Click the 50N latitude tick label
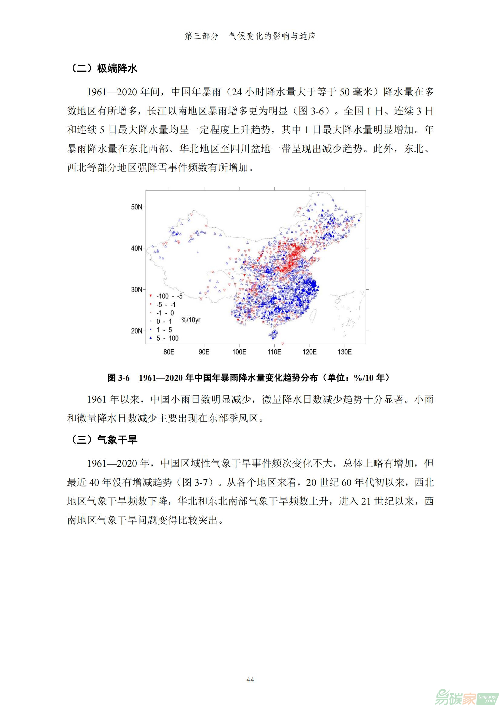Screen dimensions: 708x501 click(x=137, y=207)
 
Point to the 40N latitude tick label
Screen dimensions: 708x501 click(x=137, y=248)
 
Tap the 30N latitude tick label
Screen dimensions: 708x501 click(x=137, y=290)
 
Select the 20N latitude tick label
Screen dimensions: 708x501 click(x=137, y=331)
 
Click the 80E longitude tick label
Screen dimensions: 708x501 click(x=169, y=352)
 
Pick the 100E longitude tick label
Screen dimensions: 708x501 click(x=239, y=352)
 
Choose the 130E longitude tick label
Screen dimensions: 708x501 click(x=345, y=352)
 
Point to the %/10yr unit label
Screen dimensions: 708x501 click(x=191, y=320)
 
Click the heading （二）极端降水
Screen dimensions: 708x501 click(x=102, y=68)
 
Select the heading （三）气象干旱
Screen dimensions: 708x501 click(x=102, y=440)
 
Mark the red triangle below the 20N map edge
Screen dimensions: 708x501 click(x=283, y=344)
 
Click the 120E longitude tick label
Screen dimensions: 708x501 click(x=310, y=352)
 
